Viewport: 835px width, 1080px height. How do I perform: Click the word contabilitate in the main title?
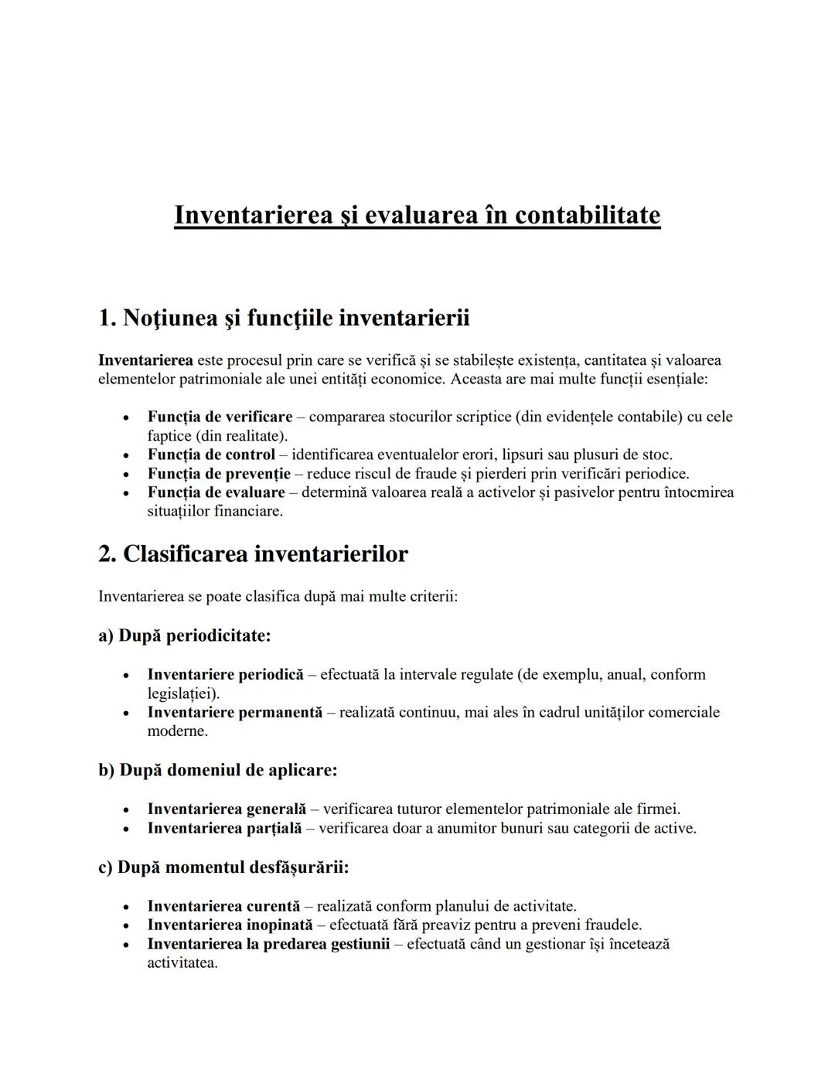coord(588,215)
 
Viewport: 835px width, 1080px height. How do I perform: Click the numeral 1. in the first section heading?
coord(107,318)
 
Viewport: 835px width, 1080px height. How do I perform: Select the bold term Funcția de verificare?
coord(220,417)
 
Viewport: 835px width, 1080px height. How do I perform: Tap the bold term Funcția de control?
coord(211,455)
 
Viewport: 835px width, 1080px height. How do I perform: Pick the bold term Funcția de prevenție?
coord(219,473)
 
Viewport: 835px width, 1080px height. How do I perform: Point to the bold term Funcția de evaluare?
coord(216,492)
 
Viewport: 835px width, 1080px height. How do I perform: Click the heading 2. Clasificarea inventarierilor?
coord(253,554)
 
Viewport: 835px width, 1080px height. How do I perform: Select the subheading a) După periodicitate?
coord(184,635)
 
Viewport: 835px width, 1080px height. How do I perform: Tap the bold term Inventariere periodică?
coord(225,674)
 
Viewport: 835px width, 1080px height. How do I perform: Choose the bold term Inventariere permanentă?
coord(234,712)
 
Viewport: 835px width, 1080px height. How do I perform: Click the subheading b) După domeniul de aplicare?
coord(217,770)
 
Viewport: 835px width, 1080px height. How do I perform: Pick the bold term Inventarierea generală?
coord(227,809)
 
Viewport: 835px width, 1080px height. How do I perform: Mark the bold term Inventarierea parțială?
coord(224,828)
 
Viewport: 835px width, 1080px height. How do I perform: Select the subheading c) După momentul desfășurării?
coord(223,867)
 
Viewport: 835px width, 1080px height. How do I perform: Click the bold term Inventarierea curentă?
coord(223,906)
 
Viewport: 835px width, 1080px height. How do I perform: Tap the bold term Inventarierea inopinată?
coord(230,925)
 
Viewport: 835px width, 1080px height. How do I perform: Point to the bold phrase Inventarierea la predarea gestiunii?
coord(268,944)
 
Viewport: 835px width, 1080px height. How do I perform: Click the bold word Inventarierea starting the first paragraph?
coord(145,360)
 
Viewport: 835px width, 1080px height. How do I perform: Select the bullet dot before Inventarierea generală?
coord(124,810)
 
